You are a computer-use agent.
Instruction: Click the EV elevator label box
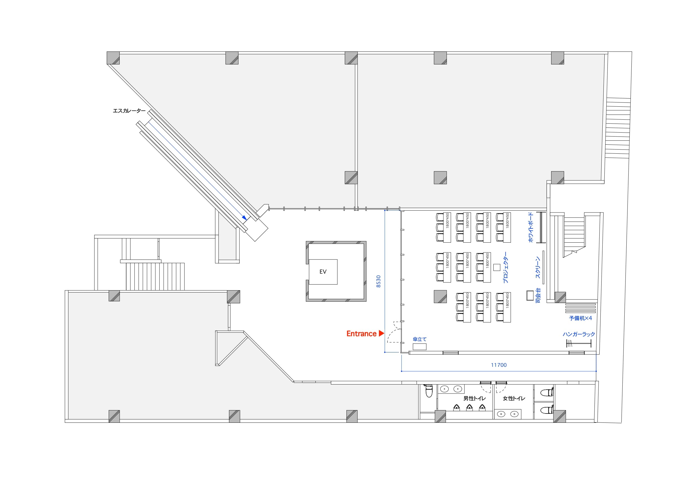pos(323,272)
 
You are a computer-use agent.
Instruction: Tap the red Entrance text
pos(361,334)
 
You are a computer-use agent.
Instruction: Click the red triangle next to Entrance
pos(381,333)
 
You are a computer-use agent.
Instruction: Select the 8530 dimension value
pos(379,281)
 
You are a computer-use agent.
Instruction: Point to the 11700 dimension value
pos(499,365)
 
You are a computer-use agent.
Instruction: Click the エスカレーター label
pos(129,111)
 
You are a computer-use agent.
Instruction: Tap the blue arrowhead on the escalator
pos(244,218)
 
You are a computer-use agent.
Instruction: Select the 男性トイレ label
pos(474,398)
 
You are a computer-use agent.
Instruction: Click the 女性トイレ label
pos(514,398)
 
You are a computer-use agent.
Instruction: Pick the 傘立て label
pos(420,339)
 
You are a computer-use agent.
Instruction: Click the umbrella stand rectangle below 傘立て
pos(420,347)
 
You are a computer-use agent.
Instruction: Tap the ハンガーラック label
pos(579,334)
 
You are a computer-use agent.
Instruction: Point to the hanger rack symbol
pos(579,343)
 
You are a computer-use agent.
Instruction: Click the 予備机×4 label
pos(580,318)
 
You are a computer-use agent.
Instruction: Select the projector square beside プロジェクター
pos(497,267)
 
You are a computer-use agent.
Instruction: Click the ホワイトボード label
pos(531,227)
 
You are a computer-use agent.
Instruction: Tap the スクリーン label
pos(538,267)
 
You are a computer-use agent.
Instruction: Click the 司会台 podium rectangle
pos(530,295)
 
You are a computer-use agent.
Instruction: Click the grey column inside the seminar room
pos(440,297)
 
